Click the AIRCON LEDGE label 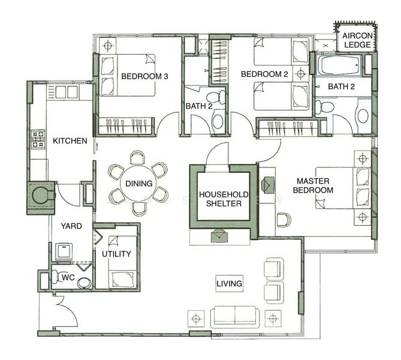click(357, 40)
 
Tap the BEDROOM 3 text click(144, 76)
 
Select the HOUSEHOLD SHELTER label click(224, 199)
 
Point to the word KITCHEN click(70, 140)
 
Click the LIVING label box click(229, 283)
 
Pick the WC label click(68, 277)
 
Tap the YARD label click(71, 226)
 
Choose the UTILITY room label click(116, 254)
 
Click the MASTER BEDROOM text click(313, 185)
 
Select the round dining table click(139, 183)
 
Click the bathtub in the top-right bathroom click(339, 65)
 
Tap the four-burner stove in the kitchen click(38, 139)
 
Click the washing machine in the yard click(64, 251)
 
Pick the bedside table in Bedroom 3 click(108, 46)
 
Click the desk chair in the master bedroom click(284, 220)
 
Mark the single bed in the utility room click(122, 262)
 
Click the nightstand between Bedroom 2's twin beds click(301, 74)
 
